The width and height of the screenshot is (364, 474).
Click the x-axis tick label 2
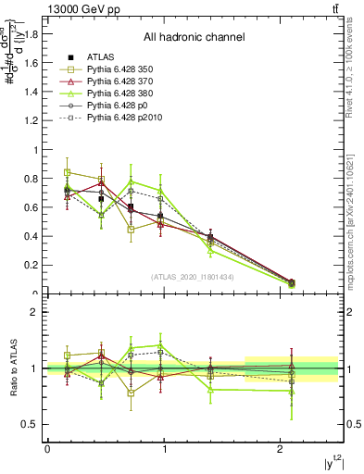pos(282,449)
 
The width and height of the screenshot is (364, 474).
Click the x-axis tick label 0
pos(47,449)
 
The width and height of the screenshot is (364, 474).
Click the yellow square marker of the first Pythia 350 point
pos(68,172)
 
